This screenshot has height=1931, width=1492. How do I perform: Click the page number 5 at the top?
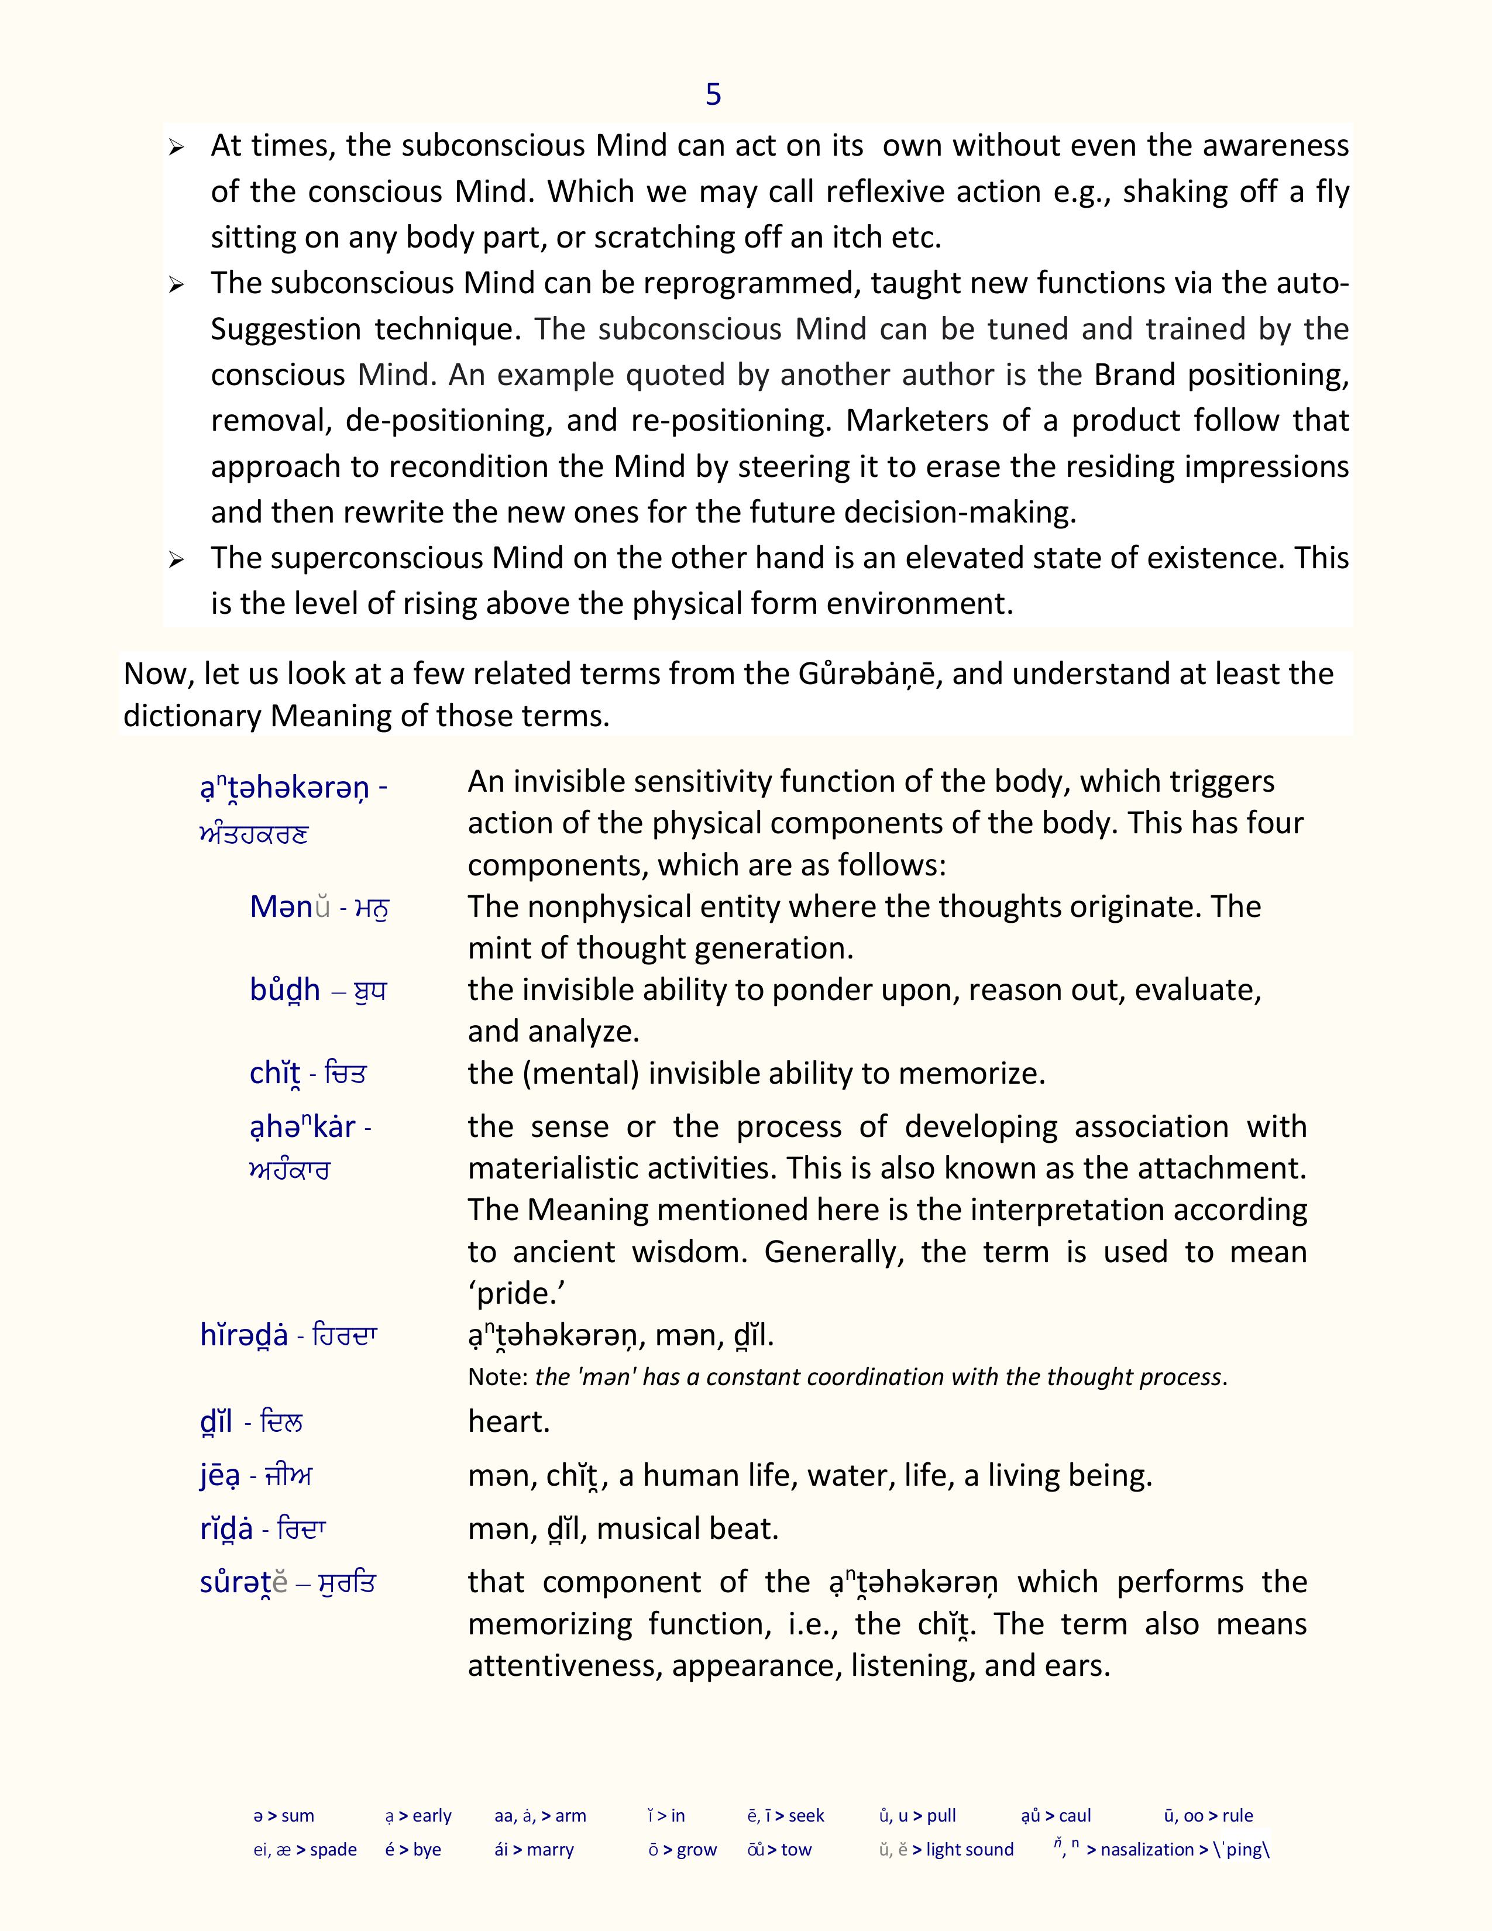coord(713,95)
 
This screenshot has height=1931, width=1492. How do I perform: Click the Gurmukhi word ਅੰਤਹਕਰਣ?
coord(254,834)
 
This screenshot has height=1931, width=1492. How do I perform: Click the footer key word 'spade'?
coord(334,1850)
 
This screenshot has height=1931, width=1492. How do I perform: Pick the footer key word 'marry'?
coord(550,1850)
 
